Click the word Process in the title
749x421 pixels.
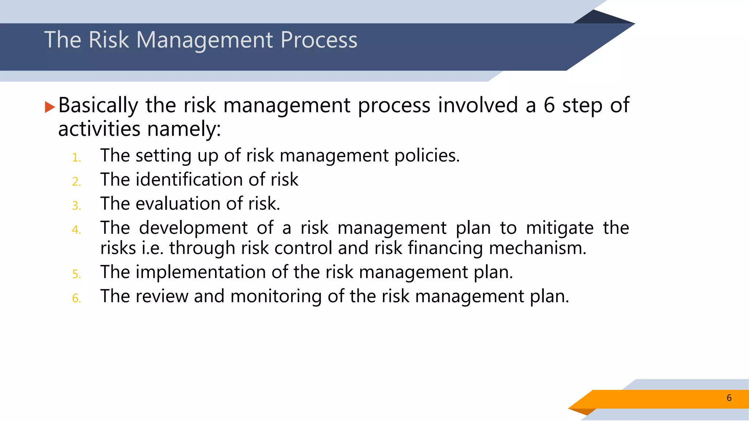click(x=319, y=40)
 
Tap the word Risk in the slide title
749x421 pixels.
click(x=109, y=40)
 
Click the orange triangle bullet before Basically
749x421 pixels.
click(x=50, y=107)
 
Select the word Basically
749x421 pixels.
click(x=98, y=106)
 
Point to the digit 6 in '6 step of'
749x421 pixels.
click(x=549, y=106)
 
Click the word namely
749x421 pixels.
click(x=184, y=129)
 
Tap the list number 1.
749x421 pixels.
click(x=76, y=158)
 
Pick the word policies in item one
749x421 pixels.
click(x=426, y=156)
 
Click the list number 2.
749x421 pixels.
click(x=76, y=182)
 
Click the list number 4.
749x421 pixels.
click(x=76, y=230)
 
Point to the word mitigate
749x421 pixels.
click(x=560, y=228)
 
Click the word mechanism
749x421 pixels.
click(x=537, y=248)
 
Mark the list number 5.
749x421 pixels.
click(x=76, y=274)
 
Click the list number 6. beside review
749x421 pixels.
click(x=76, y=298)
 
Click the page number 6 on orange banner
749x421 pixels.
click(x=729, y=398)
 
